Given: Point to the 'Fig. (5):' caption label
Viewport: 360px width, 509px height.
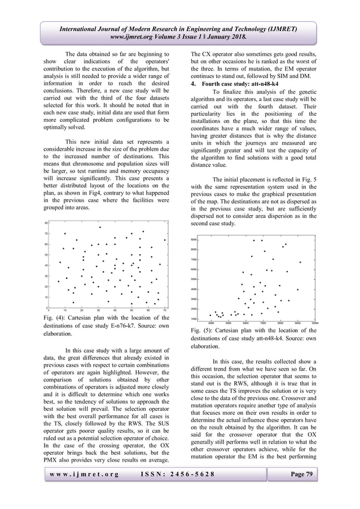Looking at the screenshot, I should (203, 329).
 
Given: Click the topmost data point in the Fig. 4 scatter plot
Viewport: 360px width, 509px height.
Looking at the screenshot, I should (100, 227).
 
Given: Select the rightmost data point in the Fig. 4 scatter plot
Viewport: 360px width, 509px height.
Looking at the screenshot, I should (165, 240).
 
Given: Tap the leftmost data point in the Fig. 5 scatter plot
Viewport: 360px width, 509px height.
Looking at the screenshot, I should (210, 315).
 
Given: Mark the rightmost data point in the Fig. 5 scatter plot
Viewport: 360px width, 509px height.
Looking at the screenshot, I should (300, 262).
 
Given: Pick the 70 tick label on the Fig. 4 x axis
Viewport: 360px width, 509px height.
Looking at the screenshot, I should (165, 310).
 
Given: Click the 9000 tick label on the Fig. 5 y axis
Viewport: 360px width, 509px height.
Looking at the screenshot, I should (192, 240).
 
